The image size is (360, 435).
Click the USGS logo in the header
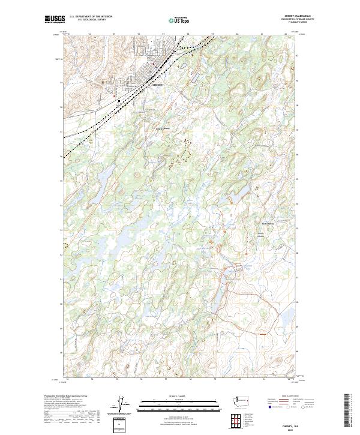pyautogui.click(x=55, y=20)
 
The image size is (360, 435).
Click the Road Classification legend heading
pyautogui.click(x=283, y=396)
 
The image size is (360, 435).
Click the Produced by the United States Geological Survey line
pyautogui.click(x=66, y=397)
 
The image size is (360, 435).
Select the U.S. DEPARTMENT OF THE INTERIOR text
pyautogui.click(x=91, y=17)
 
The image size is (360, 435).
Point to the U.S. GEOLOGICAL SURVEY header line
pyautogui.click(x=91, y=20)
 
